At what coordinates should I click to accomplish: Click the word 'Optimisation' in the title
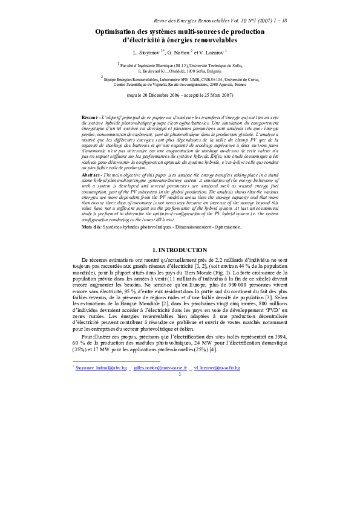coord(118,31)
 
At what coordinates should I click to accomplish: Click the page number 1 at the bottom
coord(180,374)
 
